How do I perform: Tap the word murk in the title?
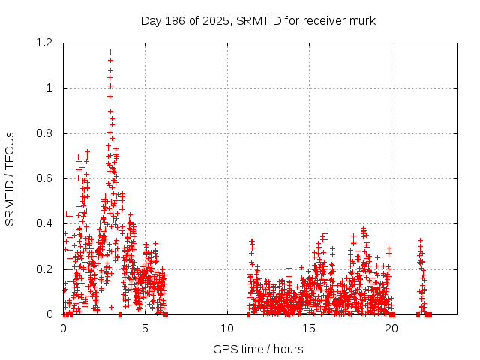pyautogui.click(x=361, y=20)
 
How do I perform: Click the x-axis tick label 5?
pyautogui.click(x=145, y=328)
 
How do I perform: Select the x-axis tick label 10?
pyautogui.click(x=227, y=328)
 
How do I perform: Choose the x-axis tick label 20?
pyautogui.click(x=391, y=328)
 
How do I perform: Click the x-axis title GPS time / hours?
pyautogui.click(x=258, y=349)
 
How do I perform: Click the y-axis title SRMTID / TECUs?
pyautogui.click(x=10, y=178)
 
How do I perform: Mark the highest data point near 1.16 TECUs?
pyautogui.click(x=111, y=52)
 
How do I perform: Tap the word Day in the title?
pyautogui.click(x=151, y=20)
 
